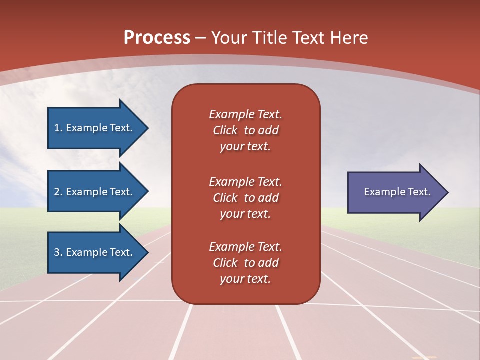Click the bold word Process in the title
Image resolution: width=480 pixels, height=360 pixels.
click(x=157, y=38)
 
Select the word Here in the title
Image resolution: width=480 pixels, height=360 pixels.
click(x=349, y=38)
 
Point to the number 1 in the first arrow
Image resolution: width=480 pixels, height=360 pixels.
click(x=57, y=128)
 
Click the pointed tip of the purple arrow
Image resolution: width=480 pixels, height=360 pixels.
click(x=449, y=192)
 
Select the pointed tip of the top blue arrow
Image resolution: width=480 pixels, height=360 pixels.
click(x=149, y=128)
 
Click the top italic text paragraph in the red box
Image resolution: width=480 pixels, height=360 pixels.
click(x=245, y=130)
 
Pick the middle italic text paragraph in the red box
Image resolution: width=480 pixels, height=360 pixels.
click(x=245, y=198)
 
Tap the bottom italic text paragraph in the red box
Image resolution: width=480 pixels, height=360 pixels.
click(x=245, y=263)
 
